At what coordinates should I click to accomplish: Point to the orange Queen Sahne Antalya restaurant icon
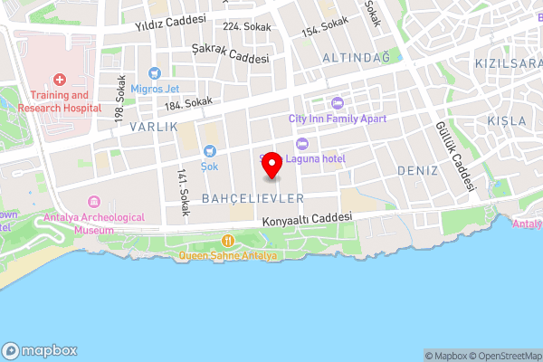[x=228, y=241]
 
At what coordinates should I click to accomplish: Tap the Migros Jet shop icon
[x=155, y=71]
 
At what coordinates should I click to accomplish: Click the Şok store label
[x=210, y=167]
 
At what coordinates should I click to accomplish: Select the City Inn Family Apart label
[x=337, y=119]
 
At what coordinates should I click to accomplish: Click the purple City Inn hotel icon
[x=338, y=102]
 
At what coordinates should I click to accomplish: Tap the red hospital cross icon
[x=60, y=80]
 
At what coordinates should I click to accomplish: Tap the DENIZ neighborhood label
[x=416, y=170]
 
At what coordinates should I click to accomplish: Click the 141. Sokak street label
[x=183, y=192]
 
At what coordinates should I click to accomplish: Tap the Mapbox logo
[x=40, y=350]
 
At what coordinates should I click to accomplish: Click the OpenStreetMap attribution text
[x=505, y=356]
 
